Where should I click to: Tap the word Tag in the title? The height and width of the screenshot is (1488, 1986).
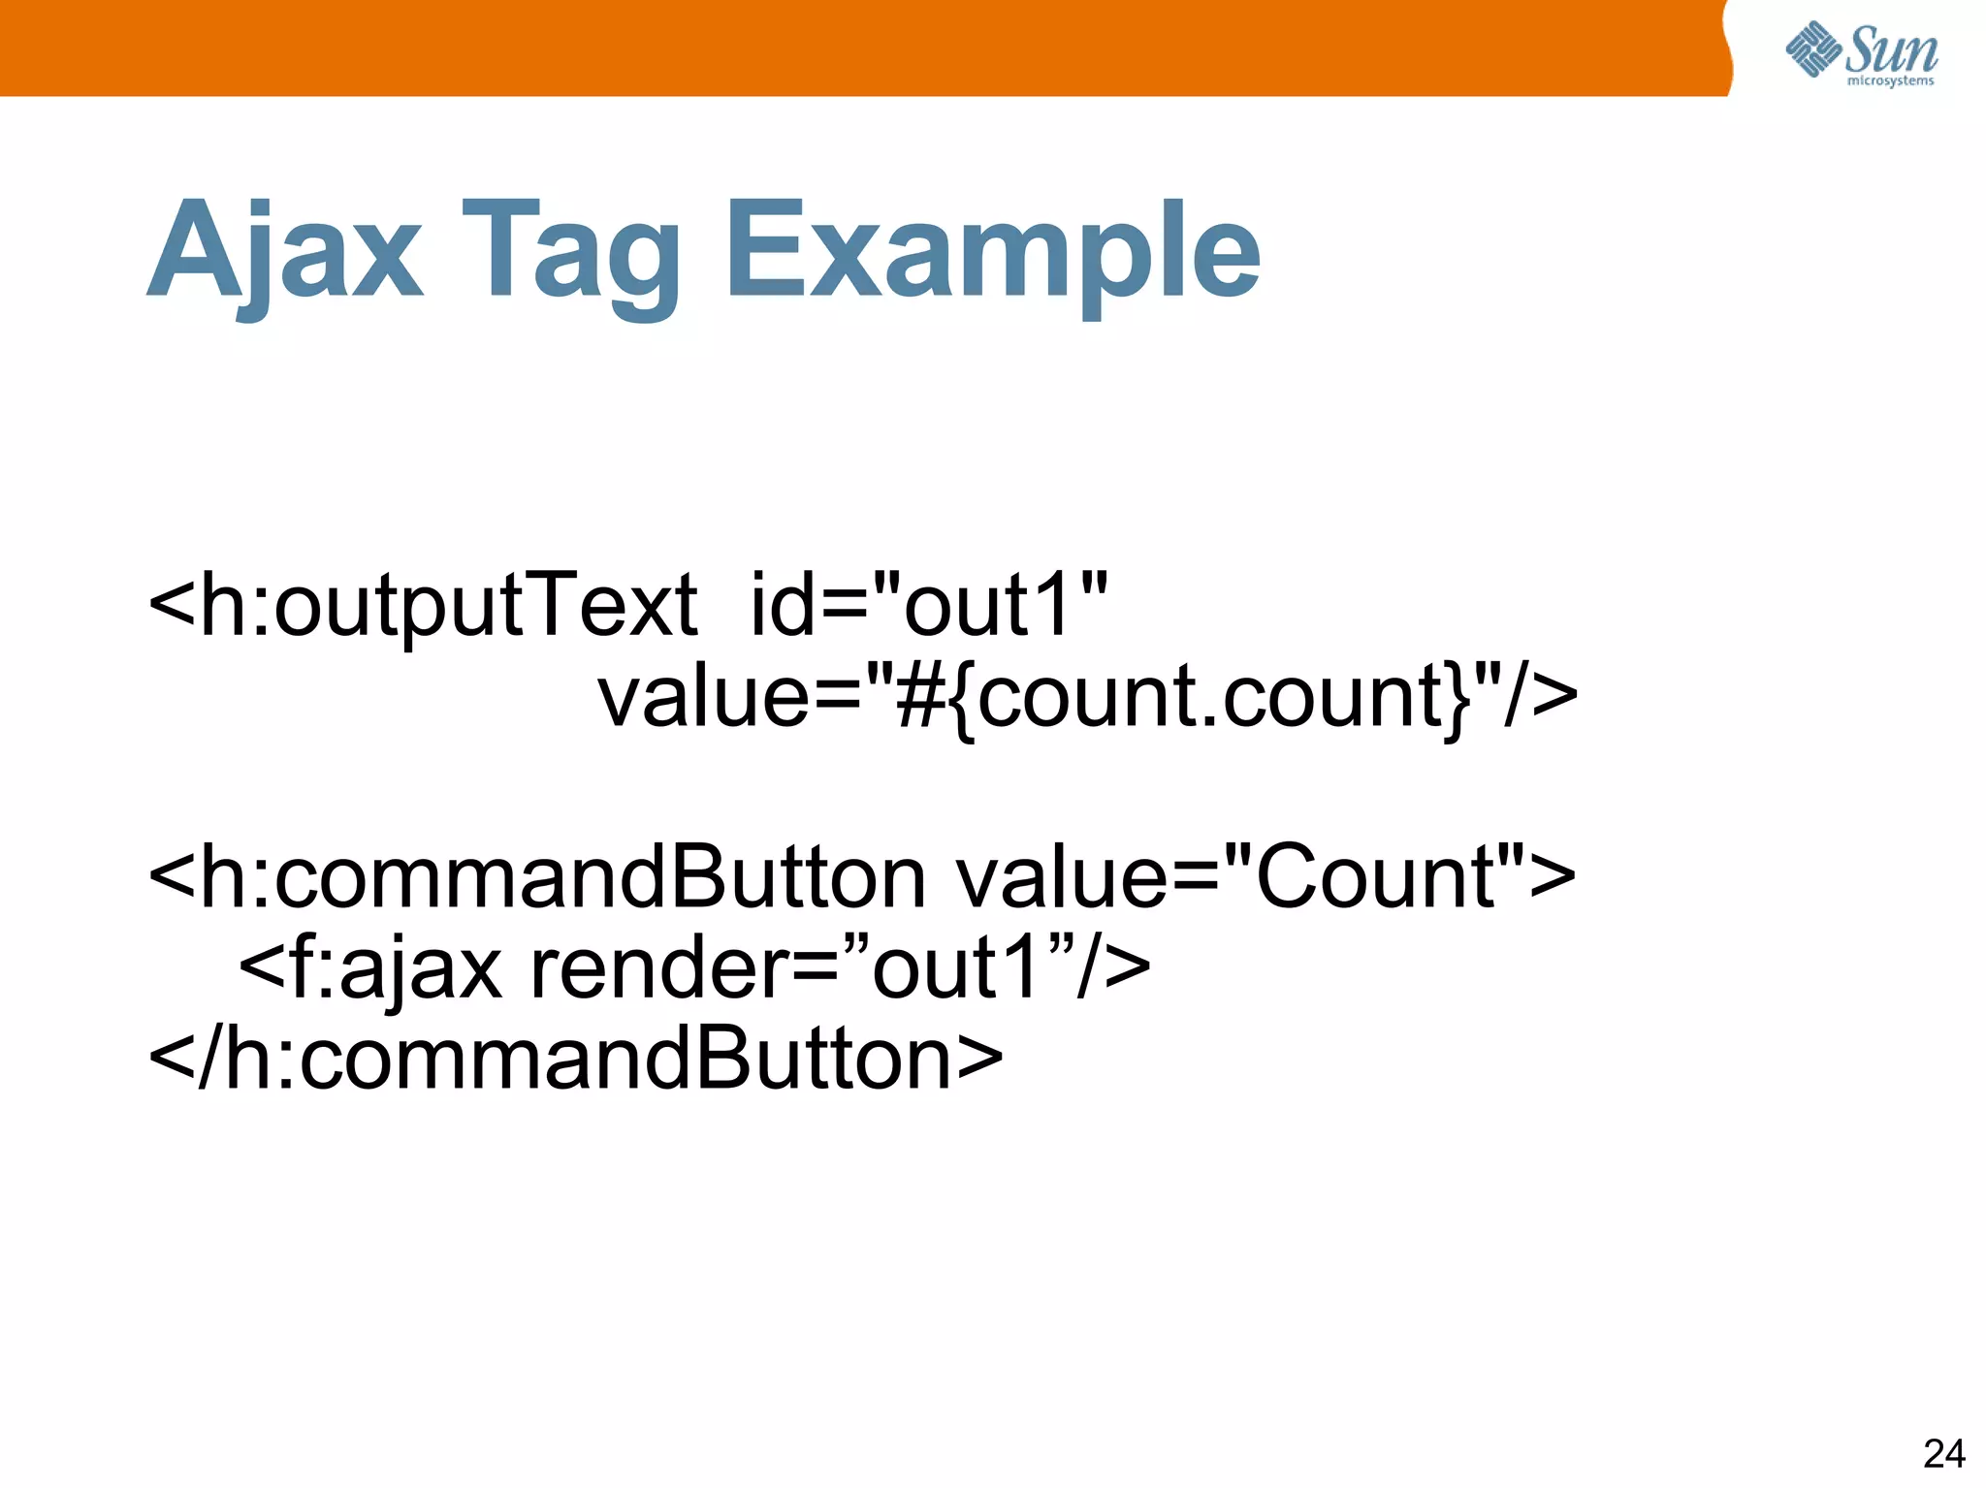(x=570, y=254)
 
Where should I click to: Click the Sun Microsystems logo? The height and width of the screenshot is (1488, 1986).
(x=1861, y=53)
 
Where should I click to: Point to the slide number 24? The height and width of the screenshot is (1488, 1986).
(x=1943, y=1453)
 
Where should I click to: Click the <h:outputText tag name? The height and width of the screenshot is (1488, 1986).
(x=423, y=606)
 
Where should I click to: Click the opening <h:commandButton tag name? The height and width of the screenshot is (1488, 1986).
(x=536, y=876)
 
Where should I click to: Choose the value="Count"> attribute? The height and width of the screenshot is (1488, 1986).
(x=1265, y=876)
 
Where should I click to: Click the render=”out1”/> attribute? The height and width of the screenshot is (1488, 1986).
(x=840, y=966)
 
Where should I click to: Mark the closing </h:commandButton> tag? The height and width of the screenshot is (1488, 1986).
(x=575, y=1058)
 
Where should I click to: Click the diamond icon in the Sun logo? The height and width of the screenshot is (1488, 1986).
(x=1812, y=48)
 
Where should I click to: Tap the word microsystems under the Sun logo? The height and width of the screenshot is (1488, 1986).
(x=1890, y=81)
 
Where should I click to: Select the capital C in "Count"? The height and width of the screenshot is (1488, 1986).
(x=1295, y=876)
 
